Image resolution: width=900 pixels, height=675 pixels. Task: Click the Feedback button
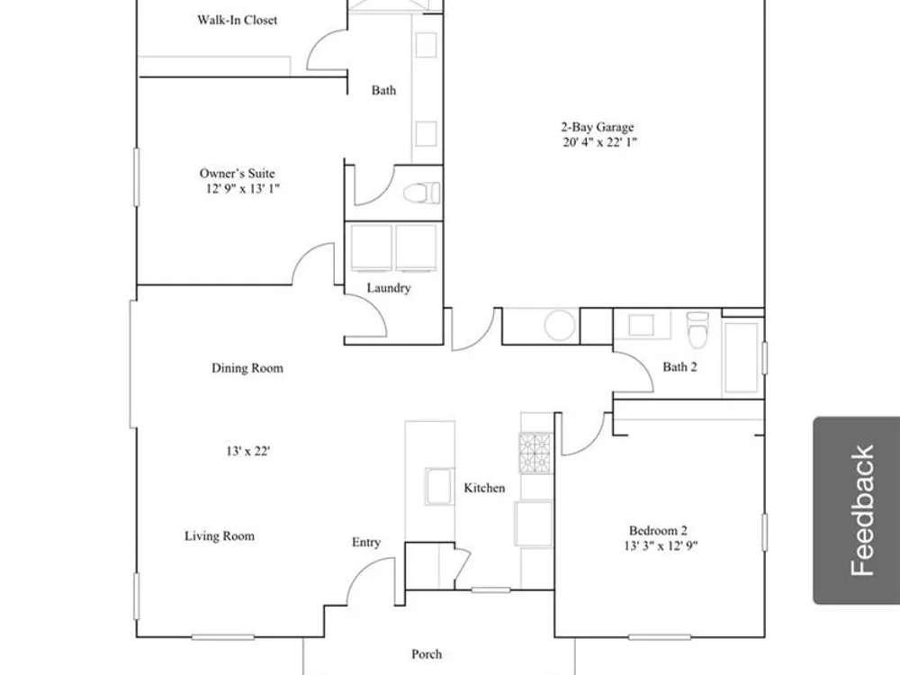[x=857, y=510]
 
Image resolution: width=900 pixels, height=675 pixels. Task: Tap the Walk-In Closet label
[x=237, y=20]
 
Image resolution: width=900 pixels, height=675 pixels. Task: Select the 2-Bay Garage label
[x=598, y=127]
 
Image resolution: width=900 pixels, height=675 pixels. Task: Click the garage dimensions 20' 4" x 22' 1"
[x=599, y=142]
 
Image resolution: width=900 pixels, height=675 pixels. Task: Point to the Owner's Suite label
[x=237, y=174]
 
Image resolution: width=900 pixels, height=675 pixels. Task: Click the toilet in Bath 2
[x=697, y=328]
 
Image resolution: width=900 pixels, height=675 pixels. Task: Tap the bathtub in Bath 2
[x=742, y=358]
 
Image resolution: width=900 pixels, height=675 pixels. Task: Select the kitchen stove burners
[x=535, y=453]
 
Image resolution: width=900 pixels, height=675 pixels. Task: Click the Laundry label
[x=389, y=288]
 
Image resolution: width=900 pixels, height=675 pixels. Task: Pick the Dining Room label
[x=247, y=368]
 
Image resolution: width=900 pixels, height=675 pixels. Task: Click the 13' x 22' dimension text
[x=248, y=451]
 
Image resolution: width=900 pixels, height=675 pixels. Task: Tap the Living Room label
[x=220, y=536]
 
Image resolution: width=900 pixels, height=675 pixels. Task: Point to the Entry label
[x=366, y=543]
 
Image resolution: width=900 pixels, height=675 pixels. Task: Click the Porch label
[x=427, y=653]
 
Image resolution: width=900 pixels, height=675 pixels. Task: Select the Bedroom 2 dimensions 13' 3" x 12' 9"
[x=661, y=546]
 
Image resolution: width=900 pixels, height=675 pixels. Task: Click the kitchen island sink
[x=439, y=487]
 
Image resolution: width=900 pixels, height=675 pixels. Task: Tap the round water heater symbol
[x=560, y=325]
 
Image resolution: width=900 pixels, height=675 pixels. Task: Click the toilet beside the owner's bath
[x=422, y=193]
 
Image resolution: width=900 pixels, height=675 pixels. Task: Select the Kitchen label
[x=484, y=488]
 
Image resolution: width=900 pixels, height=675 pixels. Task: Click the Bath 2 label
[x=679, y=367]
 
